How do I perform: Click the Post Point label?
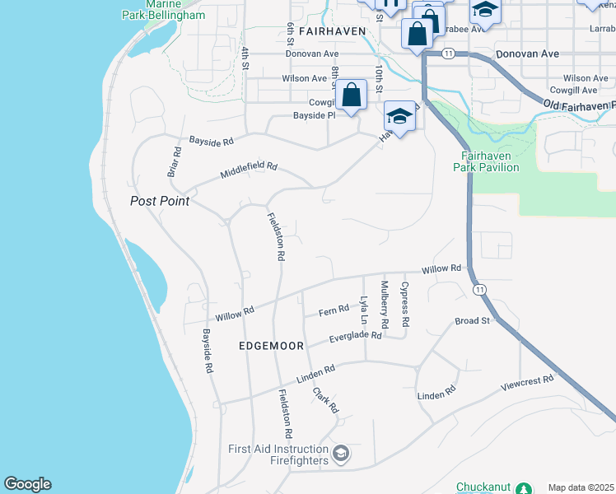click(160, 201)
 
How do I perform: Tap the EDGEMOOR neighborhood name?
click(273, 346)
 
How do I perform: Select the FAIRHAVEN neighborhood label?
click(332, 30)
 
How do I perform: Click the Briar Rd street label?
click(174, 162)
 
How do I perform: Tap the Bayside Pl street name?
click(315, 116)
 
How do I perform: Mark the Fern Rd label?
click(334, 311)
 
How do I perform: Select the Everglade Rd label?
click(356, 336)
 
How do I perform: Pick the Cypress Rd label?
click(404, 302)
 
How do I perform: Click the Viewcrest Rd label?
click(528, 382)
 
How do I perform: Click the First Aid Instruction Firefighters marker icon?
click(340, 453)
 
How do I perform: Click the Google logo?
click(27, 484)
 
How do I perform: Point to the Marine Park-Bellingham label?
click(163, 10)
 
